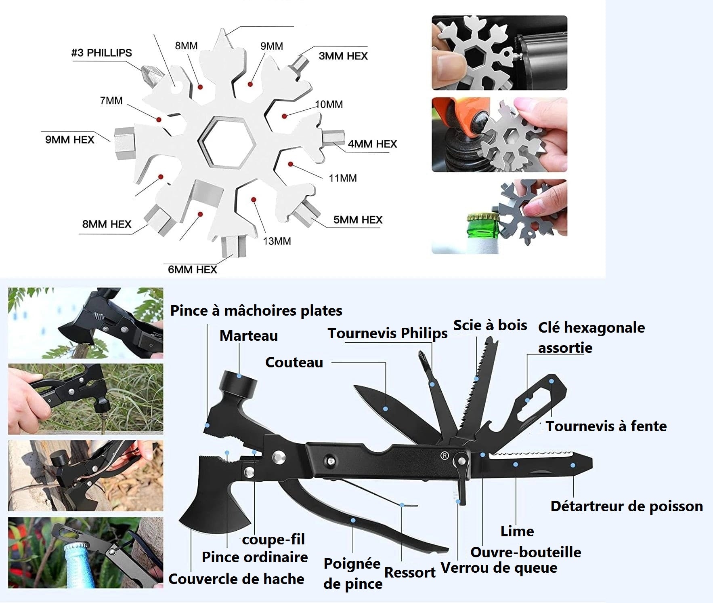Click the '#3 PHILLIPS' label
[x=101, y=53]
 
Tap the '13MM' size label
[x=277, y=241]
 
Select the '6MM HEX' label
[x=193, y=270]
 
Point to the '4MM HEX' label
[x=372, y=144]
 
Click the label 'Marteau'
[x=249, y=335]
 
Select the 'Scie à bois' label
[x=490, y=325]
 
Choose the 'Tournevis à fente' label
[x=606, y=426]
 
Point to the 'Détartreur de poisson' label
[x=627, y=506]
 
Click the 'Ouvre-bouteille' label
[x=526, y=552]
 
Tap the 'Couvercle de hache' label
[x=236, y=579]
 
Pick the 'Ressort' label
[x=409, y=572]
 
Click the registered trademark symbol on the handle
[x=444, y=456]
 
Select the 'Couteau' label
[x=294, y=363]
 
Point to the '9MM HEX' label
[x=69, y=140]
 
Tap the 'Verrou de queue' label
[x=499, y=568]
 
